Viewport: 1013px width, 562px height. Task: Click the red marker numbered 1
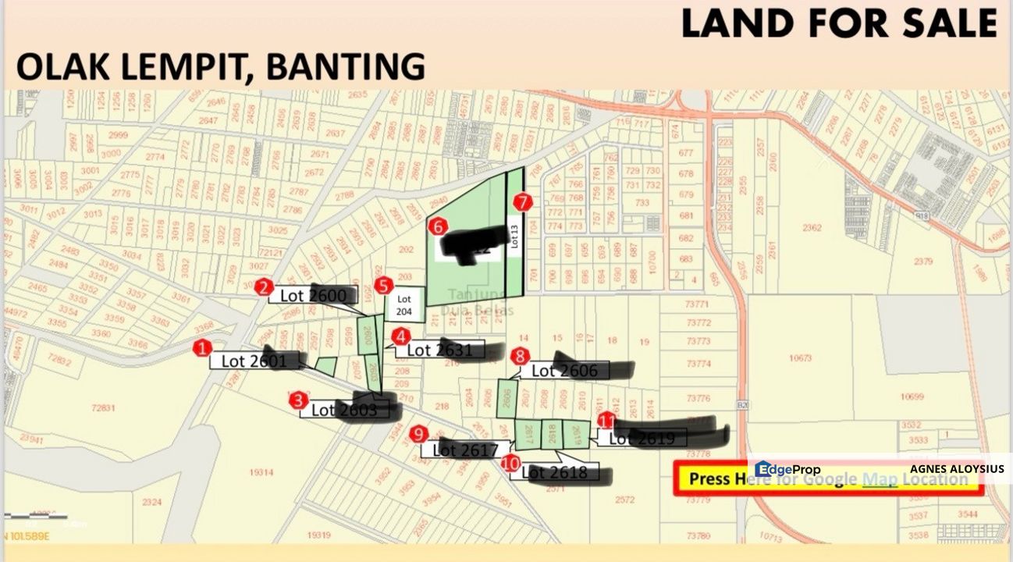[203, 348]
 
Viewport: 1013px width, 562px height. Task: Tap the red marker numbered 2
[265, 286]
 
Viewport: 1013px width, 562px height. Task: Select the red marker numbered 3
[298, 401]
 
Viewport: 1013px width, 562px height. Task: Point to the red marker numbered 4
[400, 337]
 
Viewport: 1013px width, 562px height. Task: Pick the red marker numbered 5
[382, 286]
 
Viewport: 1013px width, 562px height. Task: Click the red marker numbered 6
[438, 226]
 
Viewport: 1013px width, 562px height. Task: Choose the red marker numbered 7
[523, 202]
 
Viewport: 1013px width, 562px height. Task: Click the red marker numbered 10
[511, 463]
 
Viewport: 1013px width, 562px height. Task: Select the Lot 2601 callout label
[254, 361]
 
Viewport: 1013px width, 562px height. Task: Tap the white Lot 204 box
[404, 304]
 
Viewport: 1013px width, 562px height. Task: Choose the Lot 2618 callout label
[559, 471]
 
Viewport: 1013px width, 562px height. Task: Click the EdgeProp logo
[787, 469]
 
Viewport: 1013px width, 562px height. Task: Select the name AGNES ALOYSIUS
[957, 469]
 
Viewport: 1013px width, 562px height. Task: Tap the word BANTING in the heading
[346, 68]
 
